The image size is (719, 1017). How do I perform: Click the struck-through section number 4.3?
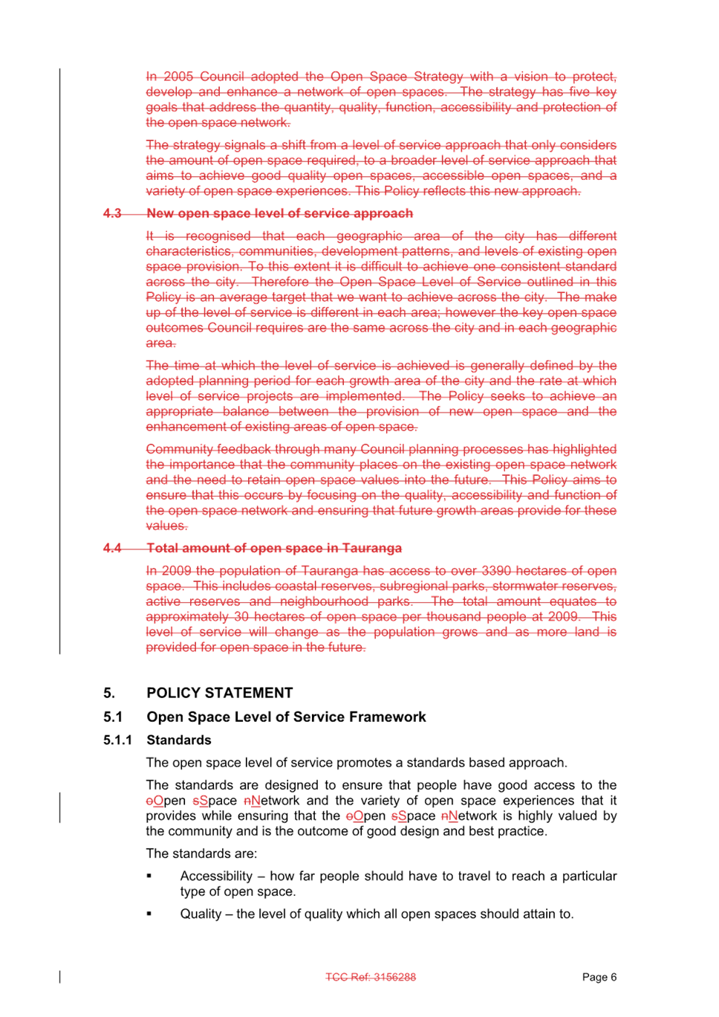click(x=112, y=213)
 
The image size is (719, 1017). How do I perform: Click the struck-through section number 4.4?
click(x=112, y=548)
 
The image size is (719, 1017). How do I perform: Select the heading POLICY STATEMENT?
click(x=220, y=693)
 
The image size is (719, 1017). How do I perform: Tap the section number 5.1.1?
click(x=117, y=740)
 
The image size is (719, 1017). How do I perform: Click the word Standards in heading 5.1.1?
click(x=179, y=740)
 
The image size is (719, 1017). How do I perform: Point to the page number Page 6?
click(x=599, y=977)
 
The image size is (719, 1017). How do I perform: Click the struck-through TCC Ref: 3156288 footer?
click(x=371, y=977)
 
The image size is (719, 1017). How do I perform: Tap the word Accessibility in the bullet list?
click(x=216, y=876)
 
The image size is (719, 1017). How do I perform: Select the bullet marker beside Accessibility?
click(x=149, y=876)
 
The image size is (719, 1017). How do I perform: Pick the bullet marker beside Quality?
click(x=149, y=914)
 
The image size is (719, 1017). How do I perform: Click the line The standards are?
click(x=201, y=853)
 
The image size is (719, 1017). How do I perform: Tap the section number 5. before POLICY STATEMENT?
click(x=109, y=693)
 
